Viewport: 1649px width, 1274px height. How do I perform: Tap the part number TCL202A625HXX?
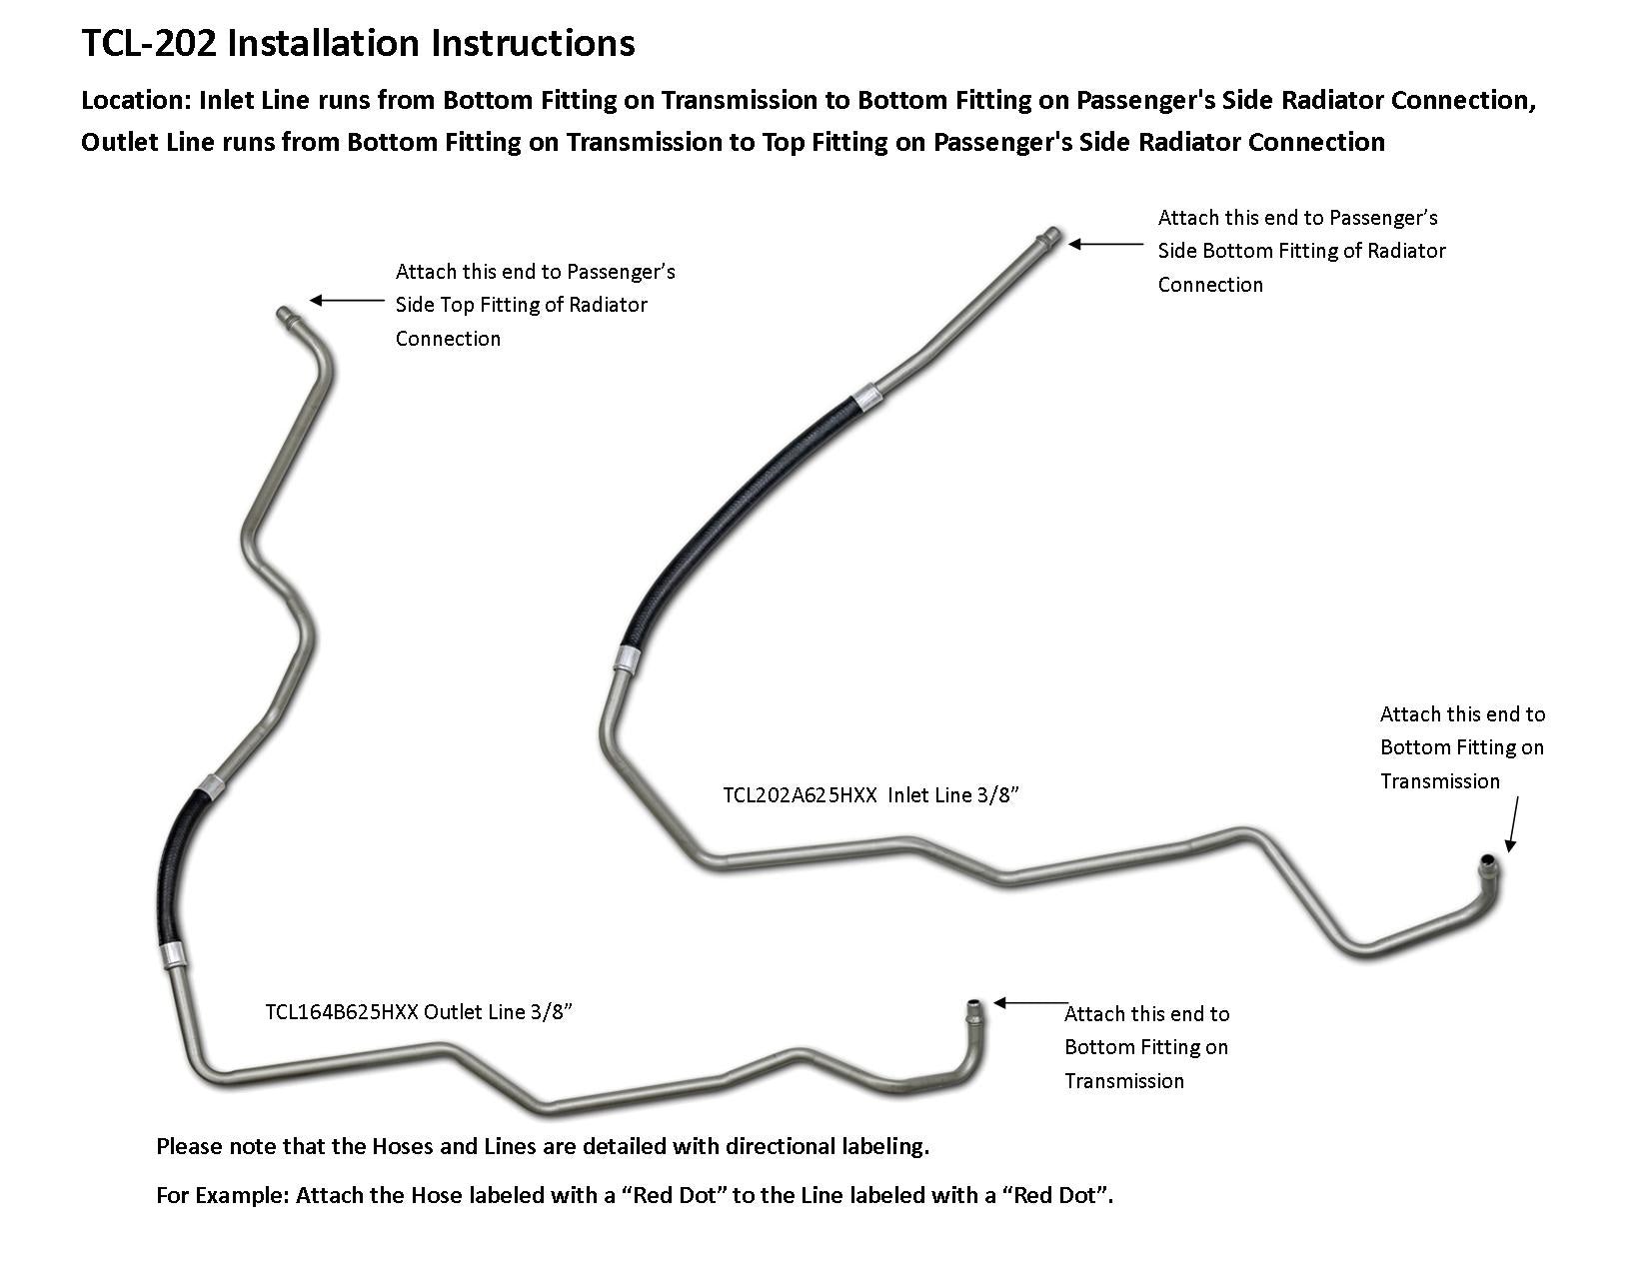(x=800, y=795)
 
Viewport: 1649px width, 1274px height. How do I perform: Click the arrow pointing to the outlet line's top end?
(x=347, y=300)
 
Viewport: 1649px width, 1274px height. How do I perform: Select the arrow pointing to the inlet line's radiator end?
(x=1105, y=244)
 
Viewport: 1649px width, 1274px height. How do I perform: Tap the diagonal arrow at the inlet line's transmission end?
(x=1513, y=824)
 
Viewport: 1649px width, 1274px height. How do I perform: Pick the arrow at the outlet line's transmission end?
(x=1030, y=1003)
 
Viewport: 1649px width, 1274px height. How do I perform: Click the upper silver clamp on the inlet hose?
(x=866, y=397)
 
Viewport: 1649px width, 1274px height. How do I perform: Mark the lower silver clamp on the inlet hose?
(x=627, y=658)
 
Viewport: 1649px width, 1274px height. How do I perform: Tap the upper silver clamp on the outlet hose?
(x=211, y=785)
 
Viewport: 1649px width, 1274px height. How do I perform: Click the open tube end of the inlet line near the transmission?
(x=1488, y=864)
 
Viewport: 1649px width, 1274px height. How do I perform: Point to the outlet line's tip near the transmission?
(x=972, y=1005)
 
